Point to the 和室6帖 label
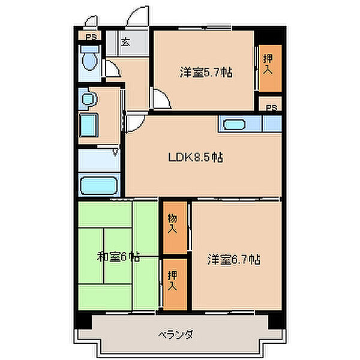pos(119,257)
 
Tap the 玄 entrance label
pos(126,42)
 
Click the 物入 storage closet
pos(172,226)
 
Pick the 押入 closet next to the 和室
pos(172,281)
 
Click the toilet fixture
pos(91,59)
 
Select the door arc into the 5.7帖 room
pos(160,98)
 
